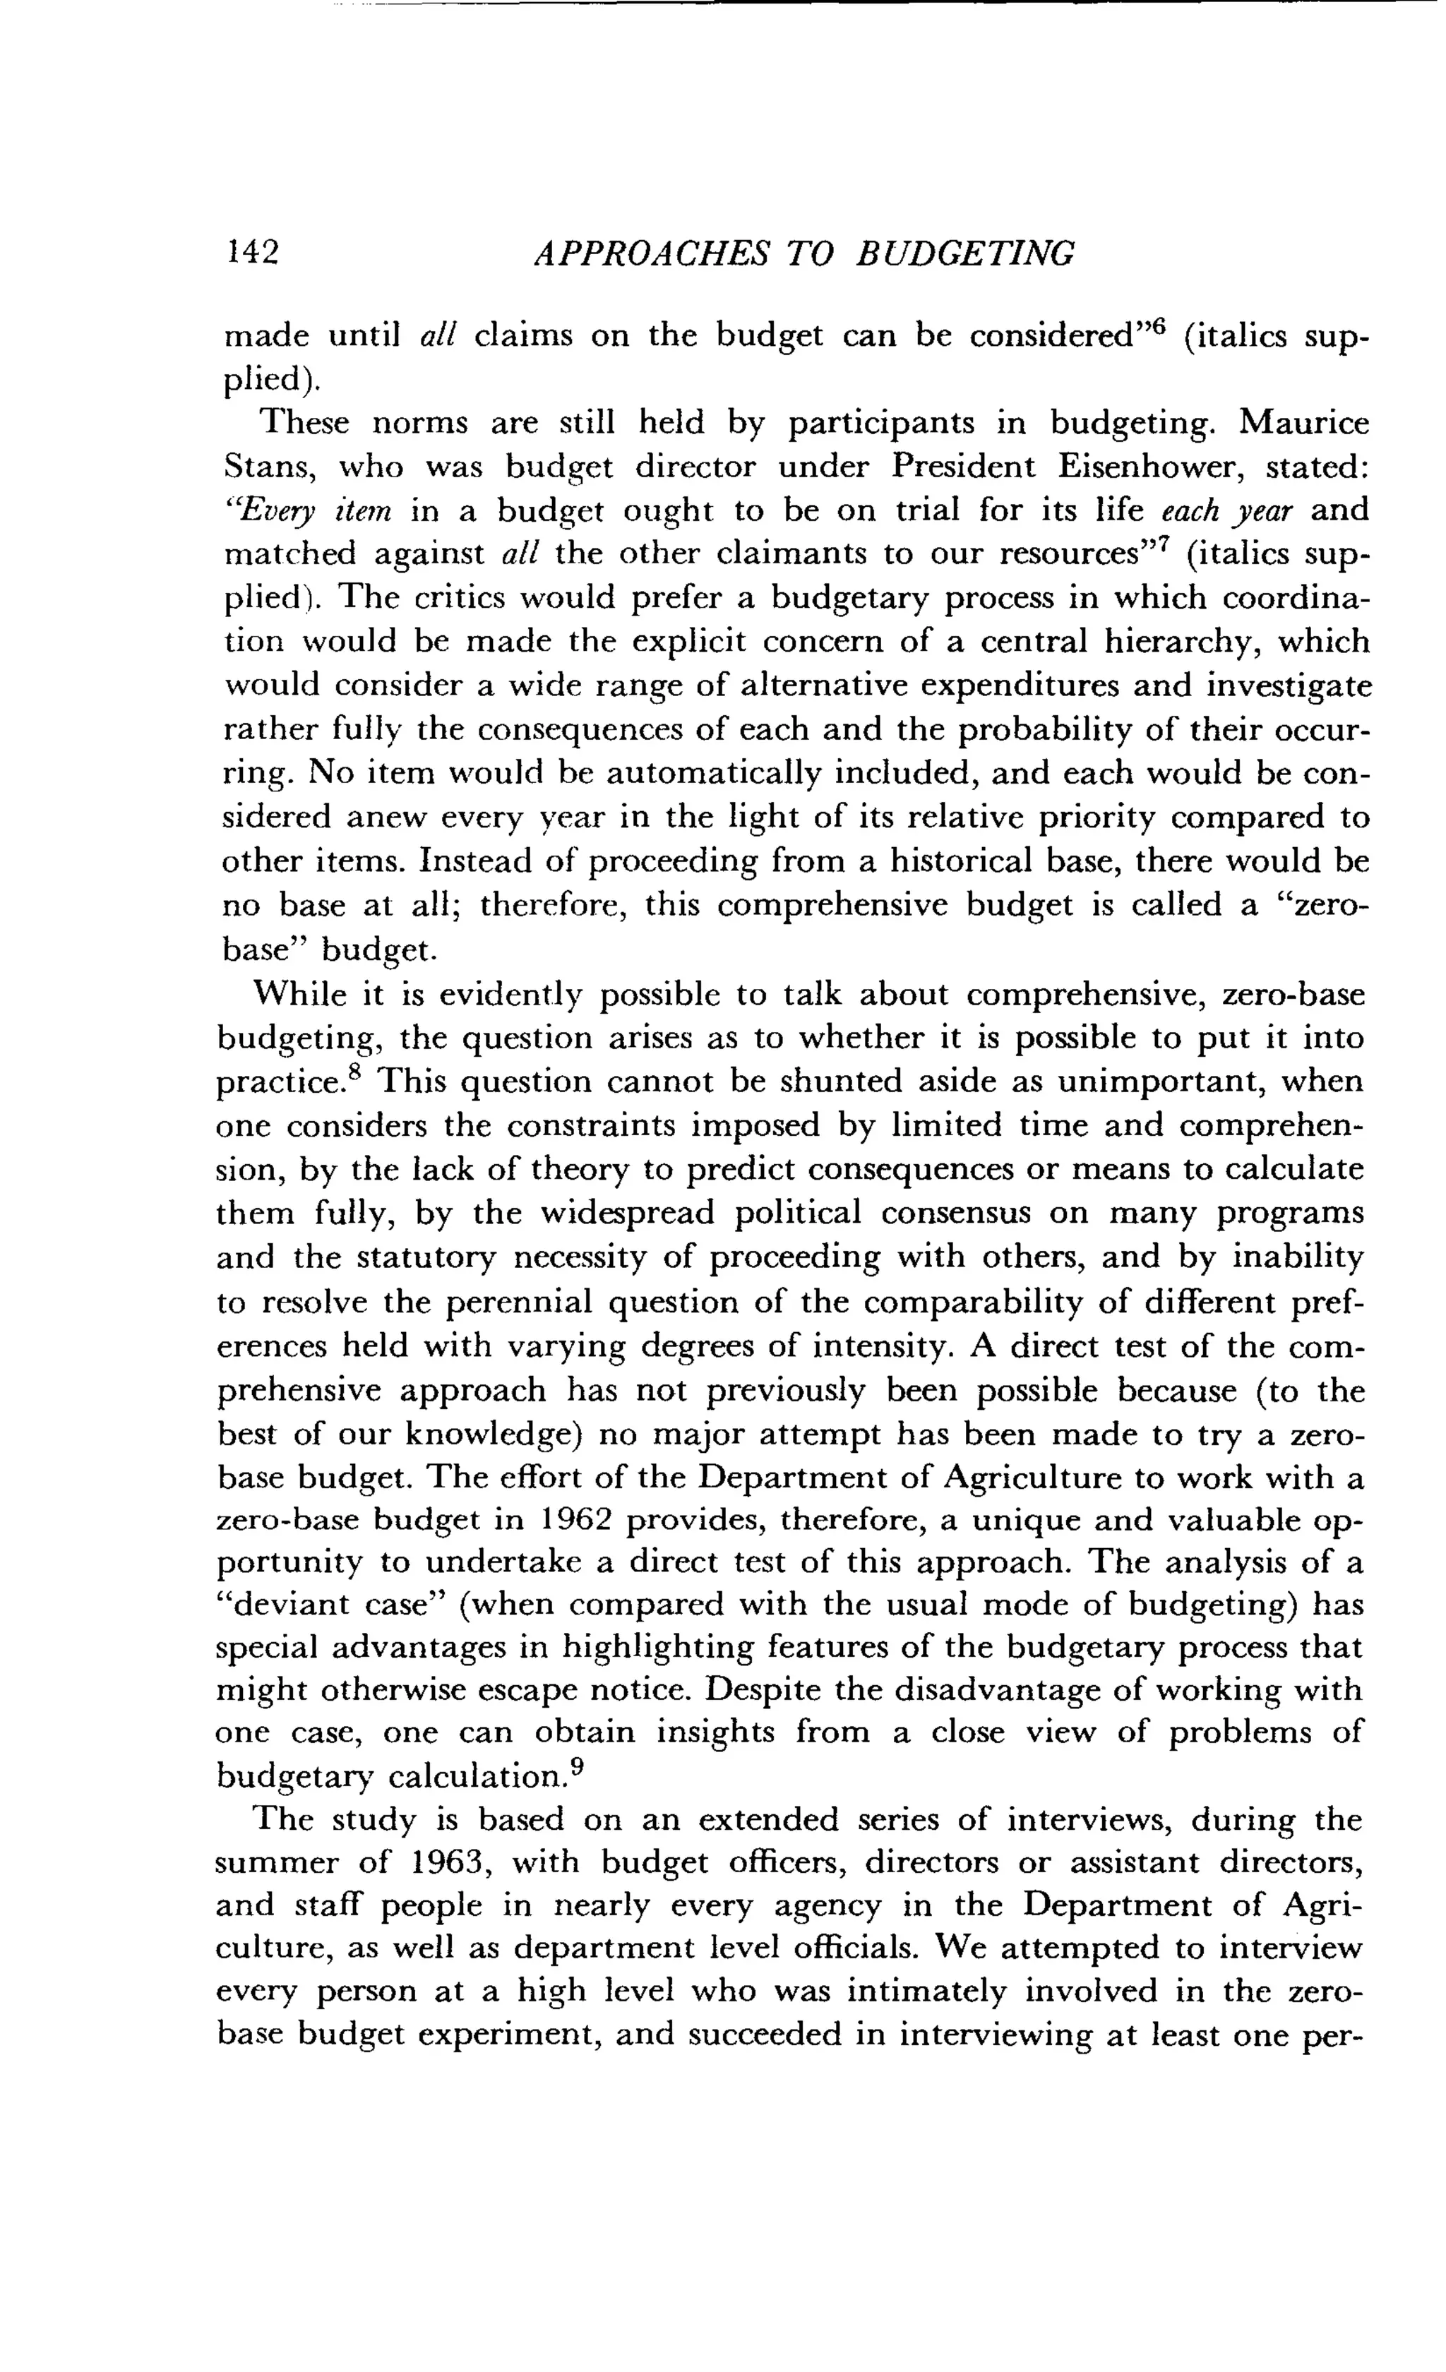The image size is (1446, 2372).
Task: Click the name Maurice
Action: point(1303,423)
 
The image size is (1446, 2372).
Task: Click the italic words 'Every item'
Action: point(312,511)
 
